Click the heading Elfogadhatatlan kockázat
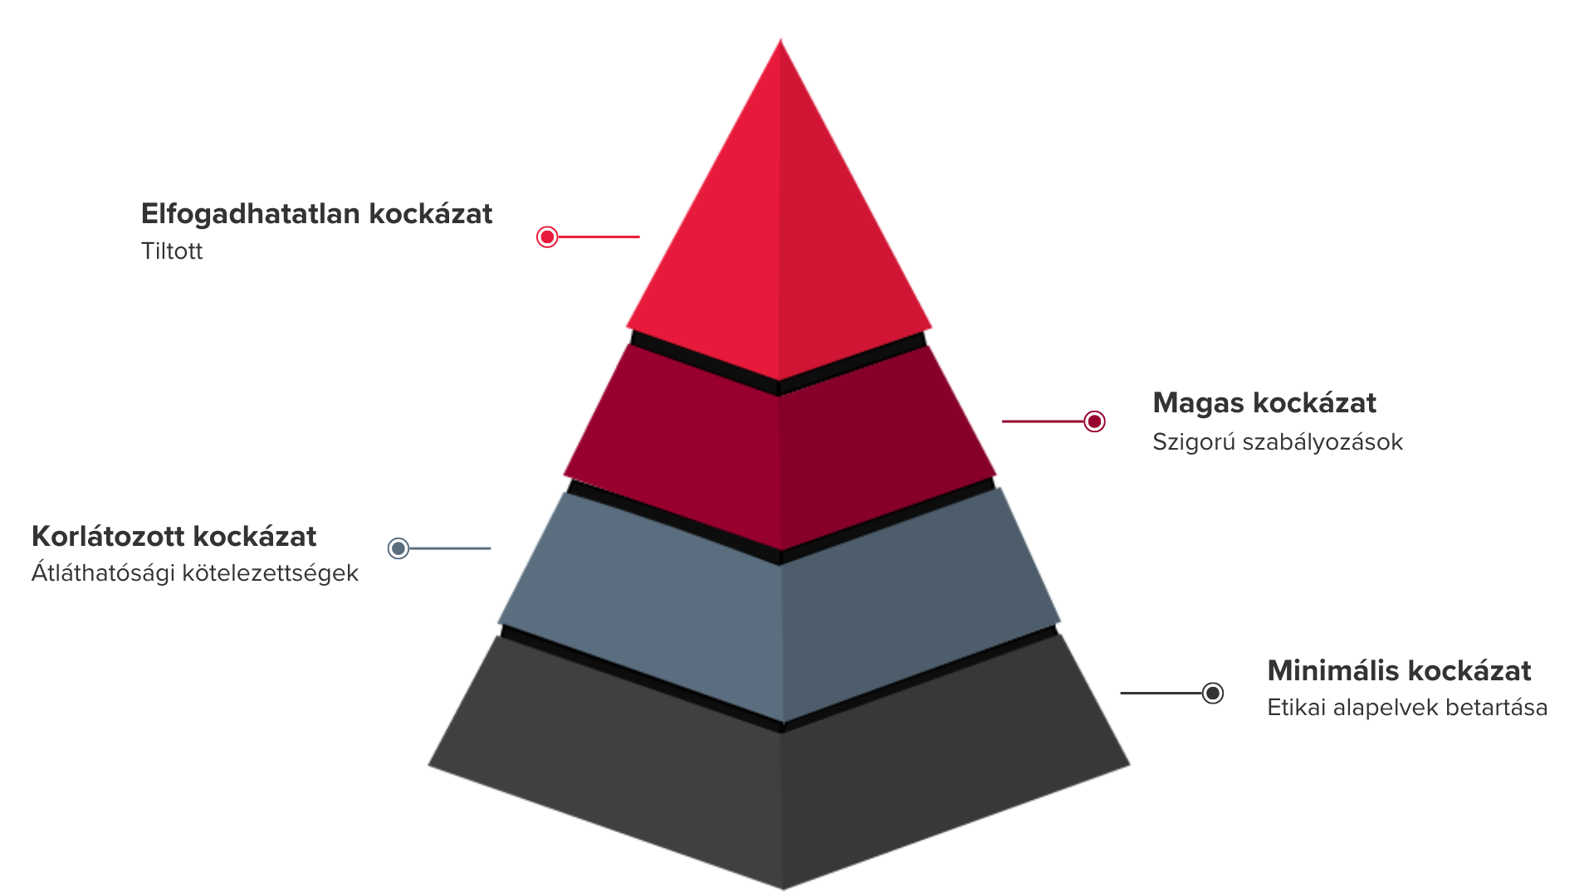tap(316, 214)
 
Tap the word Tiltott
tap(172, 251)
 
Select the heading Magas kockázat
tap(1264, 403)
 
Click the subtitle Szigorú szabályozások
tap(1277, 442)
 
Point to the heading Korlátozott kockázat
tap(174, 537)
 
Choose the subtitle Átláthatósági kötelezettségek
tap(194, 573)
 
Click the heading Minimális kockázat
tap(1399, 670)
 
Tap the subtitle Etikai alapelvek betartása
tap(1406, 708)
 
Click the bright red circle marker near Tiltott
tap(547, 237)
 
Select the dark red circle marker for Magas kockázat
tap(1095, 421)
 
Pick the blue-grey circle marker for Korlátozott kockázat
tap(398, 548)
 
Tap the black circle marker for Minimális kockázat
tap(1213, 693)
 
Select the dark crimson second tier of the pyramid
tap(779, 456)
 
